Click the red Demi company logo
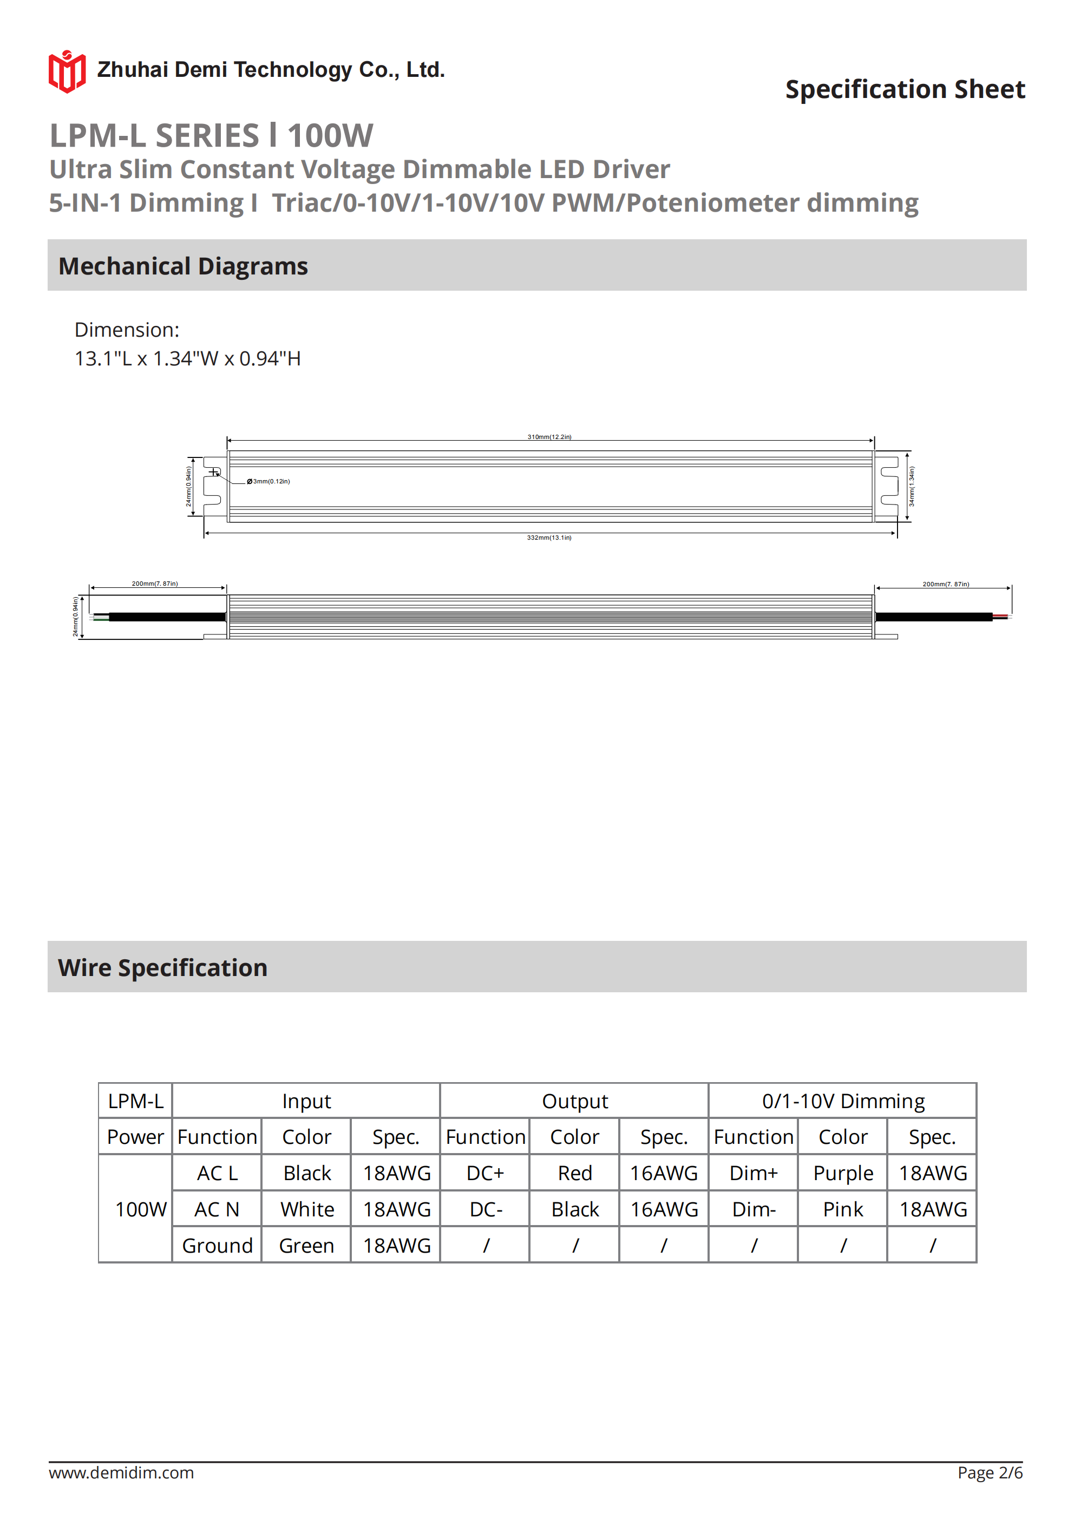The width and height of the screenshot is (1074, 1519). click(x=67, y=71)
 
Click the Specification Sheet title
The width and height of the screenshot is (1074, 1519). click(x=905, y=89)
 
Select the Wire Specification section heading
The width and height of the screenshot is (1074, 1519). click(x=163, y=967)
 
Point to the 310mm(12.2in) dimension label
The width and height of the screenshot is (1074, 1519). click(x=549, y=437)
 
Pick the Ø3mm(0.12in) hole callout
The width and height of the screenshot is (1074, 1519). click(x=268, y=481)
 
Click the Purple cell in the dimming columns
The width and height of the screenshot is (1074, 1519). click(x=842, y=1173)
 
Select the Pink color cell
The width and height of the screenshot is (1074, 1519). click(x=842, y=1209)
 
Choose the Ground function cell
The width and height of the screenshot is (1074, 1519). click(x=217, y=1246)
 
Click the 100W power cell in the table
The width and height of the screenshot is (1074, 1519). click(x=140, y=1209)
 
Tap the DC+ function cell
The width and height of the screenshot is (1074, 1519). click(x=485, y=1173)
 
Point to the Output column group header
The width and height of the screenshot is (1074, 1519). click(x=574, y=1101)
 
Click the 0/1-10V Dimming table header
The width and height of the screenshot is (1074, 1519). click(x=843, y=1101)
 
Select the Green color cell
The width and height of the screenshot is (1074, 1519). click(x=306, y=1246)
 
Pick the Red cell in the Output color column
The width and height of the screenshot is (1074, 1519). click(x=574, y=1173)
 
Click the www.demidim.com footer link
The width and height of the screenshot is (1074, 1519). click(x=121, y=1472)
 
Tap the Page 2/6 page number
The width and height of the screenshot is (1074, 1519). click(x=990, y=1472)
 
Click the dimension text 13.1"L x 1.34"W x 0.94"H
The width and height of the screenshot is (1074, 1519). click(x=187, y=358)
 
